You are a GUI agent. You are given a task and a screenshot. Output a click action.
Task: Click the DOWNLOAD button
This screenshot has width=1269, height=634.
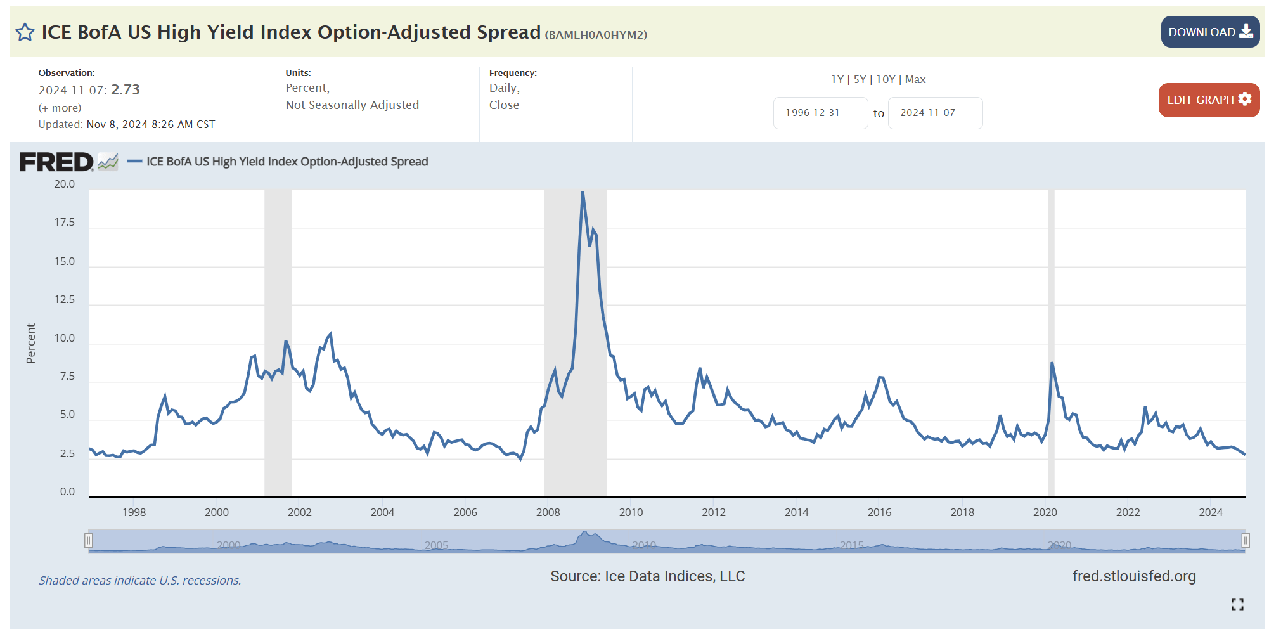[1209, 32]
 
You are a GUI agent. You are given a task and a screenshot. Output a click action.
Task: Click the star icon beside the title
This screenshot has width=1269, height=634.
[25, 32]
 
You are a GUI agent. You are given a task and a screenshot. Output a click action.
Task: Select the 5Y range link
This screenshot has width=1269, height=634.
[860, 79]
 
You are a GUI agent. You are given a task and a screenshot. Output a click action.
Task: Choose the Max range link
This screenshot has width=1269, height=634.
[915, 79]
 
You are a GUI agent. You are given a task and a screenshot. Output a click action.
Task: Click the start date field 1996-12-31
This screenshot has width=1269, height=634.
[820, 113]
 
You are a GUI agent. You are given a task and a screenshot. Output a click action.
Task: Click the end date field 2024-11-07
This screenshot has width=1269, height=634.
[934, 113]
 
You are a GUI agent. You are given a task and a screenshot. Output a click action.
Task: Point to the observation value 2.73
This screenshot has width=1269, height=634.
[126, 89]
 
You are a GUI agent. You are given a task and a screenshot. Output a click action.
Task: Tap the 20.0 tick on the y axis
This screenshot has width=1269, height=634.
[64, 184]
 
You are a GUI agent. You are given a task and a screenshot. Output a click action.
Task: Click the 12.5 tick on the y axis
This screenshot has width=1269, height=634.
[64, 299]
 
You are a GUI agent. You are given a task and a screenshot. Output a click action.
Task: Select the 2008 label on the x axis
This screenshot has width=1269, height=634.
[548, 512]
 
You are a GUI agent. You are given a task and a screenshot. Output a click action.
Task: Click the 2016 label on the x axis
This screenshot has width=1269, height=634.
[879, 512]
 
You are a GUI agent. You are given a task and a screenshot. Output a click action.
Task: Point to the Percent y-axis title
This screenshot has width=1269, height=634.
[30, 343]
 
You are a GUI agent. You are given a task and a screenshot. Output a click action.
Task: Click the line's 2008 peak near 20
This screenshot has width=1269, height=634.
[583, 193]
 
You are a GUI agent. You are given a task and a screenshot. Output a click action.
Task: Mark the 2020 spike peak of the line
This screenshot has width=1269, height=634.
[1052, 363]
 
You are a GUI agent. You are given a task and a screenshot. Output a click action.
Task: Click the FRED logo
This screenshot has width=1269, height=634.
[56, 162]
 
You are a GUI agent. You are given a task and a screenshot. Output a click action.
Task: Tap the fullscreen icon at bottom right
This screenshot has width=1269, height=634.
[1237, 604]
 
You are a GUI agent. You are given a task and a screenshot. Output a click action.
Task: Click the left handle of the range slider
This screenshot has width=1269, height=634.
[89, 540]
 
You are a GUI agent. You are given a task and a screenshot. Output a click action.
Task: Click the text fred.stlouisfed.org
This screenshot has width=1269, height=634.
[1133, 576]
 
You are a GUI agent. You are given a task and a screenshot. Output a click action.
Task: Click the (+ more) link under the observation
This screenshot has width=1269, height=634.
[60, 108]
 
